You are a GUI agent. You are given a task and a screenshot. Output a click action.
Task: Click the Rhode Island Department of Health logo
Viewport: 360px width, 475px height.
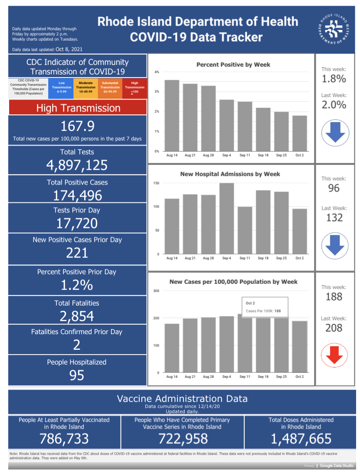pos(334,29)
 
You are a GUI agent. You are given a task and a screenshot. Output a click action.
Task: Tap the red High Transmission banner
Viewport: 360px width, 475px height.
pos(78,107)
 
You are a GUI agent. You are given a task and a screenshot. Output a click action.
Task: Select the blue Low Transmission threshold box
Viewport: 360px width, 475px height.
pos(61,88)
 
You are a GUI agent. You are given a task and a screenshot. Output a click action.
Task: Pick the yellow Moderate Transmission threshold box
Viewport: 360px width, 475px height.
pos(85,88)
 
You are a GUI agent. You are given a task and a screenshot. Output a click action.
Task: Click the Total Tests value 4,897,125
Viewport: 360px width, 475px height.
pos(77,165)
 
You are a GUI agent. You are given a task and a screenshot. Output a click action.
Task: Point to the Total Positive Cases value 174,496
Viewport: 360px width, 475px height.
pos(77,195)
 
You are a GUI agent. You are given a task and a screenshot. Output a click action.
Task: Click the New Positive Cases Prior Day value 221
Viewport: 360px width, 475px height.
pos(77,253)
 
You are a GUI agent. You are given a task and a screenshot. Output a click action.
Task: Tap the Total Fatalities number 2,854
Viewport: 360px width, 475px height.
pos(77,316)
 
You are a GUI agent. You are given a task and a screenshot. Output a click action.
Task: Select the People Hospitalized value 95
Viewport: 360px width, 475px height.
pos(77,375)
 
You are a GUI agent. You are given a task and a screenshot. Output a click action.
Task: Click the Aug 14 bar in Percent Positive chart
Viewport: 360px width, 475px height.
pos(172,116)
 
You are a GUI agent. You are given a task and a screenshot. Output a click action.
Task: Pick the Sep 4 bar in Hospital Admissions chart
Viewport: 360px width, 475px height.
pos(226,218)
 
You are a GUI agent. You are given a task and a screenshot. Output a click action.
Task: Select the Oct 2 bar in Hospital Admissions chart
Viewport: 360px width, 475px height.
pos(300,231)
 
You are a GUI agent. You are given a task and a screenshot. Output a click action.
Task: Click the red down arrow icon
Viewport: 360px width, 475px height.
pos(334,355)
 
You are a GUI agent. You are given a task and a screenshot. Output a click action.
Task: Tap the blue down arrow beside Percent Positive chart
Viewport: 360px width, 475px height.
pos(335,133)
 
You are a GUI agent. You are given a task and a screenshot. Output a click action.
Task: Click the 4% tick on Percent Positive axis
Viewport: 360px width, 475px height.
pos(157,72)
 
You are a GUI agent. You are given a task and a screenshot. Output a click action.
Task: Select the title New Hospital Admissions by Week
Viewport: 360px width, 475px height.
pos(230,174)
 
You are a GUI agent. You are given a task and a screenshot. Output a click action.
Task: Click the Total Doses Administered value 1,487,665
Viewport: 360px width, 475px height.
pos(301,439)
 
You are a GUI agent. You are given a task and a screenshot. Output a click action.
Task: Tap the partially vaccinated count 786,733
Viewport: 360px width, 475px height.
pos(64,439)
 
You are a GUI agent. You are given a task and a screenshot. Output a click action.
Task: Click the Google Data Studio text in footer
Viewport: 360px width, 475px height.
pos(337,465)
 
